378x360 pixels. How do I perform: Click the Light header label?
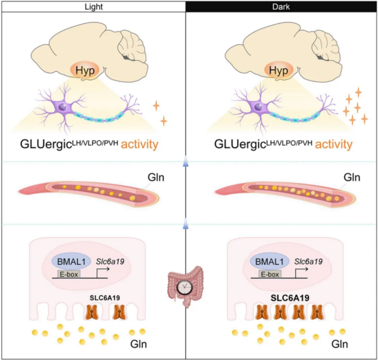click(x=94, y=7)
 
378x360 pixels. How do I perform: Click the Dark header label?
click(x=281, y=7)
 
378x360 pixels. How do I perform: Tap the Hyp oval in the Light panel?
click(x=85, y=70)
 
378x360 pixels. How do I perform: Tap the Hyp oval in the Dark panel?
click(x=279, y=70)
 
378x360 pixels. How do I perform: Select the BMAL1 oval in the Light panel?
click(x=71, y=262)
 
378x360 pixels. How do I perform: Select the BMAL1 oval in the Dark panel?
click(x=269, y=262)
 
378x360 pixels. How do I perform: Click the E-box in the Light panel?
click(x=69, y=274)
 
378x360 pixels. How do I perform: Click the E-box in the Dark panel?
click(x=270, y=274)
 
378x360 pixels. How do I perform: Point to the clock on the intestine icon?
click(x=185, y=287)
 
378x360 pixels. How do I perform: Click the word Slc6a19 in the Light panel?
click(x=110, y=262)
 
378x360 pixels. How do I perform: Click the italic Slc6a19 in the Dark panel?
click(x=308, y=262)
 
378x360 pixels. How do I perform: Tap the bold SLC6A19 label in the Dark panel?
click(x=290, y=298)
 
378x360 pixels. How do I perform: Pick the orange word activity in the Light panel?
click(x=139, y=144)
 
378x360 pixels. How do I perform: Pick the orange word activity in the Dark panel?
click(x=334, y=144)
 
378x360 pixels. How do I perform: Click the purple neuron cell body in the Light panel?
click(x=64, y=107)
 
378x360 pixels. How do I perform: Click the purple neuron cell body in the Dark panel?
click(x=258, y=107)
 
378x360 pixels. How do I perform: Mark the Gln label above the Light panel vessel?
click(x=156, y=178)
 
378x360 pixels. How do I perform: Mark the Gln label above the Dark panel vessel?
click(x=352, y=178)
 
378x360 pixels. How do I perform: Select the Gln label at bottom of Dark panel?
click(x=340, y=344)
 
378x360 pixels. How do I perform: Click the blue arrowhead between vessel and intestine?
click(x=185, y=224)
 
